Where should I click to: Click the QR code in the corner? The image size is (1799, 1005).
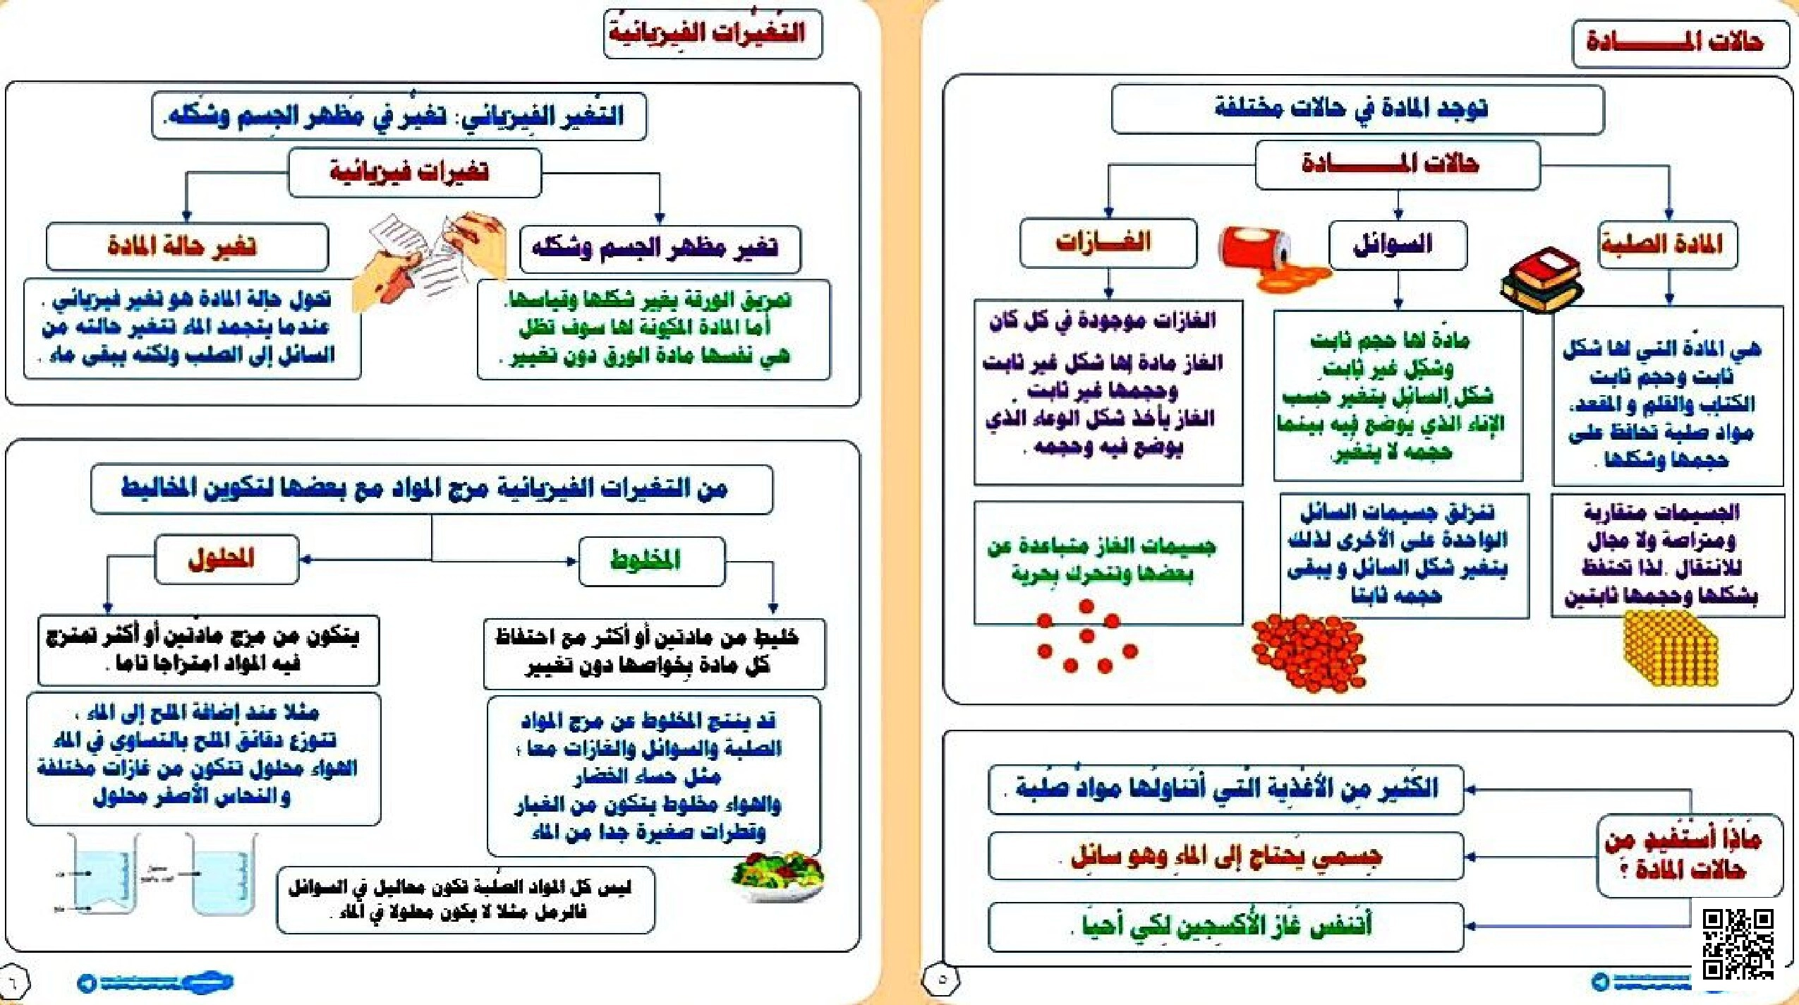coord(1738,944)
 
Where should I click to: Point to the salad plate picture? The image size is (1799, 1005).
coord(778,876)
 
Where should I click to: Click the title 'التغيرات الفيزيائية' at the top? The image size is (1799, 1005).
coord(713,33)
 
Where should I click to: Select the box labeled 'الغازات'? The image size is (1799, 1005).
coord(1108,243)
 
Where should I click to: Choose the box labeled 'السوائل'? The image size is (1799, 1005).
coord(1397,245)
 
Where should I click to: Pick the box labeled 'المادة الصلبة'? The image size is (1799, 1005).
coord(1667,245)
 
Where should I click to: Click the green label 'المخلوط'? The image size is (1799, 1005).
coord(651,561)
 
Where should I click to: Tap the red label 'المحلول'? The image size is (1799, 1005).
coord(226,560)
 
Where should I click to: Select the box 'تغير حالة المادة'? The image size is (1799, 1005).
coord(187,246)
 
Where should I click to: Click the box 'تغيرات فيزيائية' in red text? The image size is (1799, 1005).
coord(414,171)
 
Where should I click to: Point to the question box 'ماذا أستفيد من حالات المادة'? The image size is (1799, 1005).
coord(1689,855)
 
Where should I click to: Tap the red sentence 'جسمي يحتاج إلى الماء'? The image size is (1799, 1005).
coord(1225,856)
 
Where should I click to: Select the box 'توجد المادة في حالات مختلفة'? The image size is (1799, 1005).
coord(1357,109)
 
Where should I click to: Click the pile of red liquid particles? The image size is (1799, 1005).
coord(1309,651)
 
